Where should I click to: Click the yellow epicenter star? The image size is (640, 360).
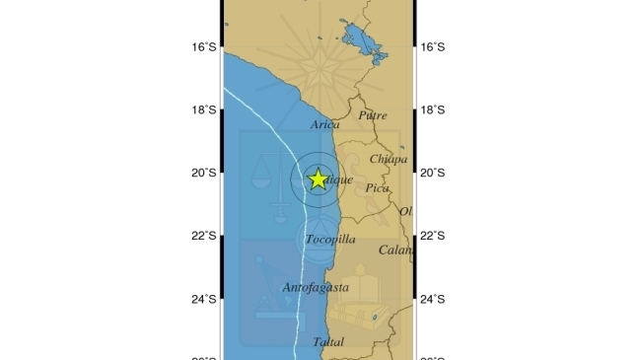(318, 179)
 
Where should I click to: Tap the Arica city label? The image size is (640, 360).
(324, 125)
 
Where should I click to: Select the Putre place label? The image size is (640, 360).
(373, 115)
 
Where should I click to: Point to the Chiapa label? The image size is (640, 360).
(388, 159)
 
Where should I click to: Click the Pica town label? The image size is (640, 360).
(377, 187)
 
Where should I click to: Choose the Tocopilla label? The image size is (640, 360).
(330, 240)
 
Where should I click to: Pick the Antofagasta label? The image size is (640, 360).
(316, 288)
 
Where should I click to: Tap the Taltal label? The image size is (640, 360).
(327, 342)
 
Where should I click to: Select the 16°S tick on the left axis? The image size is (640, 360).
(203, 46)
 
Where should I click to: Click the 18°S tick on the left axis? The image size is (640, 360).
(203, 110)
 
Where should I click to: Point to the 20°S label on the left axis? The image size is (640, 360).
(203, 173)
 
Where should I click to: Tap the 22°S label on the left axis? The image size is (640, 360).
(203, 236)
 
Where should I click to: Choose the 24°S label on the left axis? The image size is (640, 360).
(203, 300)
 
